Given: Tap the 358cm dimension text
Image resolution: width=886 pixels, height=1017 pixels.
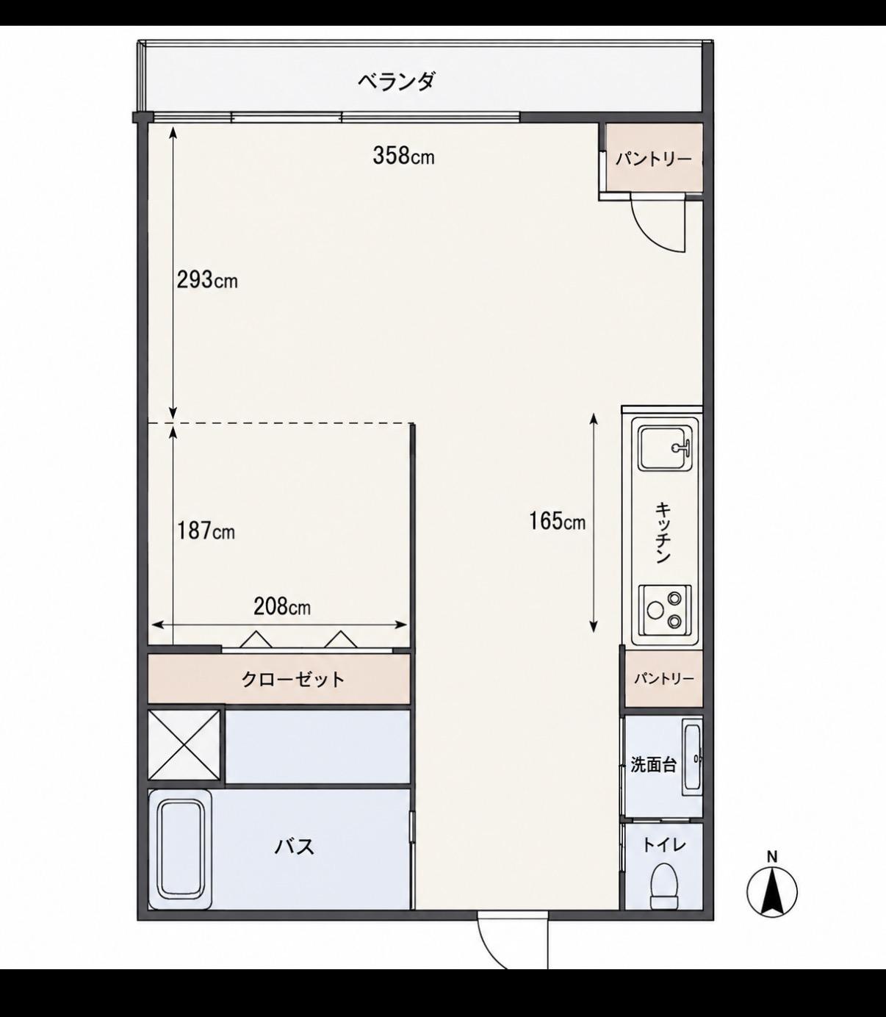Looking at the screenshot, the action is (403, 156).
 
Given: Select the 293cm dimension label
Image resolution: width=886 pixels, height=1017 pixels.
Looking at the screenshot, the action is (207, 280).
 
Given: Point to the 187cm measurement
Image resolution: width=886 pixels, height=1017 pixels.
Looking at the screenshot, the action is (206, 531).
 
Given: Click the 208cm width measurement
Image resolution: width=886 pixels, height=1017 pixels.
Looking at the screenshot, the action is (282, 606).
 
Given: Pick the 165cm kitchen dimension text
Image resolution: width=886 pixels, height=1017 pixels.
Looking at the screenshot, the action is (557, 521).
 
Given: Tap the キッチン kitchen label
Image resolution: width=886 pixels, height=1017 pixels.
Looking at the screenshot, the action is (663, 533).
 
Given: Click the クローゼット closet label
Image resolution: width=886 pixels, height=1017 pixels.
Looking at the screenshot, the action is (293, 679).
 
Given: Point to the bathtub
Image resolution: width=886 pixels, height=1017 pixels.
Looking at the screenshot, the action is (181, 849).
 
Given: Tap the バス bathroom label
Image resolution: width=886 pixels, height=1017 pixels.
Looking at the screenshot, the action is (295, 847).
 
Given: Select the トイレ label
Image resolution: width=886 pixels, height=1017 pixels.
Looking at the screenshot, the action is (664, 845).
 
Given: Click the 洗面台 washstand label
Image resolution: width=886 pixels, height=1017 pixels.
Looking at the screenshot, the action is (653, 765).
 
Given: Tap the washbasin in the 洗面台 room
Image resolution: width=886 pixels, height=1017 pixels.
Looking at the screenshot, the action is (692, 757).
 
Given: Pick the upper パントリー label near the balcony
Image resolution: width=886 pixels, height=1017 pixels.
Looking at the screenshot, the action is (653, 159).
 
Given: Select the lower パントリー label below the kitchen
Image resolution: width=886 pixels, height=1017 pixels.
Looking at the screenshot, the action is (664, 678).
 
